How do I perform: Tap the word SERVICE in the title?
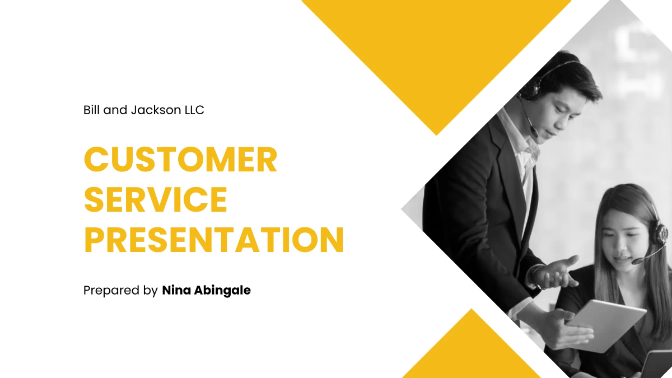(156, 199)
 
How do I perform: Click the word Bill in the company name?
(92, 110)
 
